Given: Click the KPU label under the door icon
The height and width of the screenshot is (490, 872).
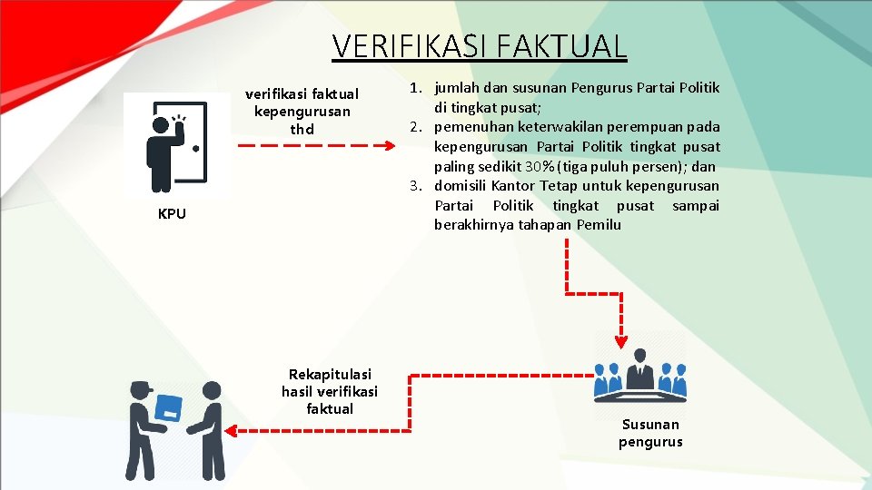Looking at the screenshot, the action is pyautogui.click(x=172, y=214).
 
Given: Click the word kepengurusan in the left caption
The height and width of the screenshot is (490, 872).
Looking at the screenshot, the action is pyautogui.click(x=302, y=111).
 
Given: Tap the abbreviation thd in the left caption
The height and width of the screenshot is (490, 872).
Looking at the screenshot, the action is pyautogui.click(x=302, y=129).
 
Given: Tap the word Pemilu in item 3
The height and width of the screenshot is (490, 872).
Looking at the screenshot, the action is pyautogui.click(x=599, y=225).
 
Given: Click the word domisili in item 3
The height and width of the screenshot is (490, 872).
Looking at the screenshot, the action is pyautogui.click(x=461, y=186).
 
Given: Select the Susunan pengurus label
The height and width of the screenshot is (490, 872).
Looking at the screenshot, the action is pyautogui.click(x=650, y=433).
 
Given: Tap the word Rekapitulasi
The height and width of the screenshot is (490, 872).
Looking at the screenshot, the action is pyautogui.click(x=330, y=374).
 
